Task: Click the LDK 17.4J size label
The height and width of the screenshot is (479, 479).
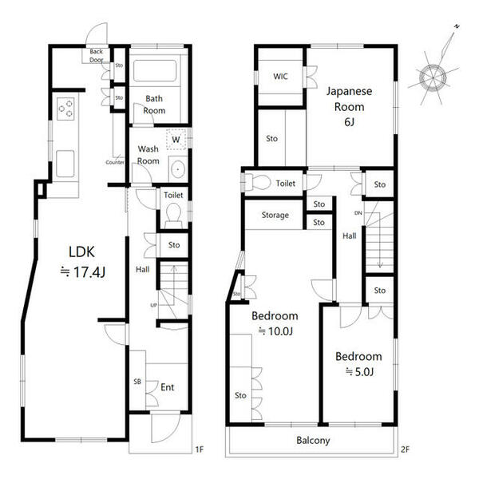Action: pyautogui.click(x=83, y=262)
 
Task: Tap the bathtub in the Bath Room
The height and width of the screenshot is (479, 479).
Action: pyautogui.click(x=155, y=70)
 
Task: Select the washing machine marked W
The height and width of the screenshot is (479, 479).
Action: pyautogui.click(x=176, y=139)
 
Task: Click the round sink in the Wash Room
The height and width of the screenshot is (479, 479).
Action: pyautogui.click(x=178, y=169)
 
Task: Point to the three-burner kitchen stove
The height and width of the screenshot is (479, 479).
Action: pyautogui.click(x=65, y=109)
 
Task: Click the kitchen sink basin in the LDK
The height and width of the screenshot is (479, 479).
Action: pyautogui.click(x=65, y=164)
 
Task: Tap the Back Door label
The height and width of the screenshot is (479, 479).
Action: pyautogui.click(x=97, y=56)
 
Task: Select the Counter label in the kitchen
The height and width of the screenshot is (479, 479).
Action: pyautogui.click(x=115, y=162)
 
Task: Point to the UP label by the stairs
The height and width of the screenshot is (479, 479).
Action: pyautogui.click(x=153, y=305)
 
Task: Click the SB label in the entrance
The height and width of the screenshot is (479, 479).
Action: pyautogui.click(x=137, y=382)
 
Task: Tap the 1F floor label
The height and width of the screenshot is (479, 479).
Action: pyautogui.click(x=199, y=449)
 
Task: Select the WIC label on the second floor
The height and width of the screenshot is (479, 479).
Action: pyautogui.click(x=280, y=76)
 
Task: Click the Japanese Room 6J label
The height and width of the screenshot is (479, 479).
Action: pyautogui.click(x=349, y=106)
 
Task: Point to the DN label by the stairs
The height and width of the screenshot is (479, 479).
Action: pyautogui.click(x=358, y=213)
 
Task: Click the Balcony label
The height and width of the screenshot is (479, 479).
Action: pyautogui.click(x=313, y=440)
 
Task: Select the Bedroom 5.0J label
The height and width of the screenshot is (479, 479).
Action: pyautogui.click(x=358, y=364)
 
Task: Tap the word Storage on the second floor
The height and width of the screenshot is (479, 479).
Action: pyautogui.click(x=275, y=215)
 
